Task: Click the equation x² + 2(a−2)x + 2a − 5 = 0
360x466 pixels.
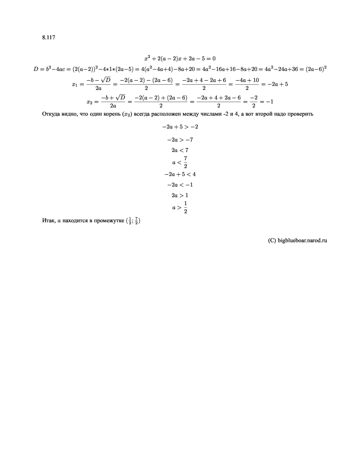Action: point(180,58)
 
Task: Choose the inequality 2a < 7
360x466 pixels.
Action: point(180,150)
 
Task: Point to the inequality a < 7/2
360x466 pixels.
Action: point(180,162)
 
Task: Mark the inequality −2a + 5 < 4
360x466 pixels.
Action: point(180,174)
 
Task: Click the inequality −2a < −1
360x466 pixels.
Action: point(180,185)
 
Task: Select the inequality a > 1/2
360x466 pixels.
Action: point(180,208)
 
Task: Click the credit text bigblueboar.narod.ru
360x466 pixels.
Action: point(303,240)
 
